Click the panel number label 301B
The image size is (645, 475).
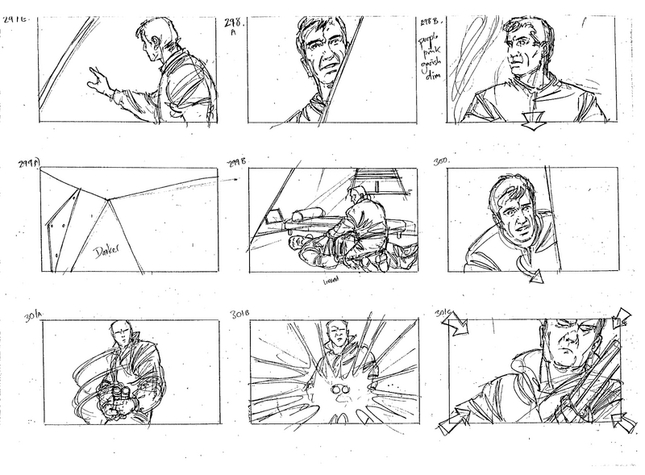coord(241,314)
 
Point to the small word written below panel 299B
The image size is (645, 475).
coord(330,281)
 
